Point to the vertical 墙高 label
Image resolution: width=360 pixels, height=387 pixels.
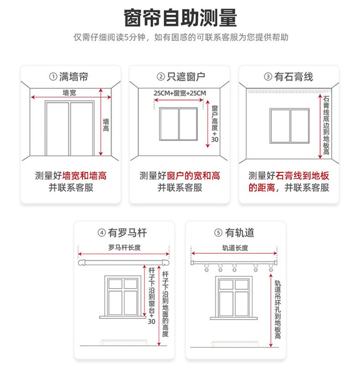pos(106,125)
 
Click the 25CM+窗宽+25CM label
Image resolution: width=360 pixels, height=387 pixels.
pos(180,93)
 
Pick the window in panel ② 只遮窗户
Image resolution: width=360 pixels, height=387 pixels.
pos(178,124)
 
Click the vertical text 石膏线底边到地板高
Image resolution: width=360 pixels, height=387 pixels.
pos(326,126)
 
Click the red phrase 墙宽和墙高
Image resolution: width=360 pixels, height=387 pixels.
pos(84,176)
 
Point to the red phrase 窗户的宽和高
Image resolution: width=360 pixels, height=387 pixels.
pos(193,176)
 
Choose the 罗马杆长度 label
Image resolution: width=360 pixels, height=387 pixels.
pos(124,248)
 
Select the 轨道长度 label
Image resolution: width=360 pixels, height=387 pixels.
pos(235,248)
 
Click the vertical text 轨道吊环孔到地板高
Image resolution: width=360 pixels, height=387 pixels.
pos(278,310)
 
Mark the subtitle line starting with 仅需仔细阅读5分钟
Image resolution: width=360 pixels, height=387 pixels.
pos(180,37)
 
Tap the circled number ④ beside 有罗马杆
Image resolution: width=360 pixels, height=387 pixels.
pos(102,233)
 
